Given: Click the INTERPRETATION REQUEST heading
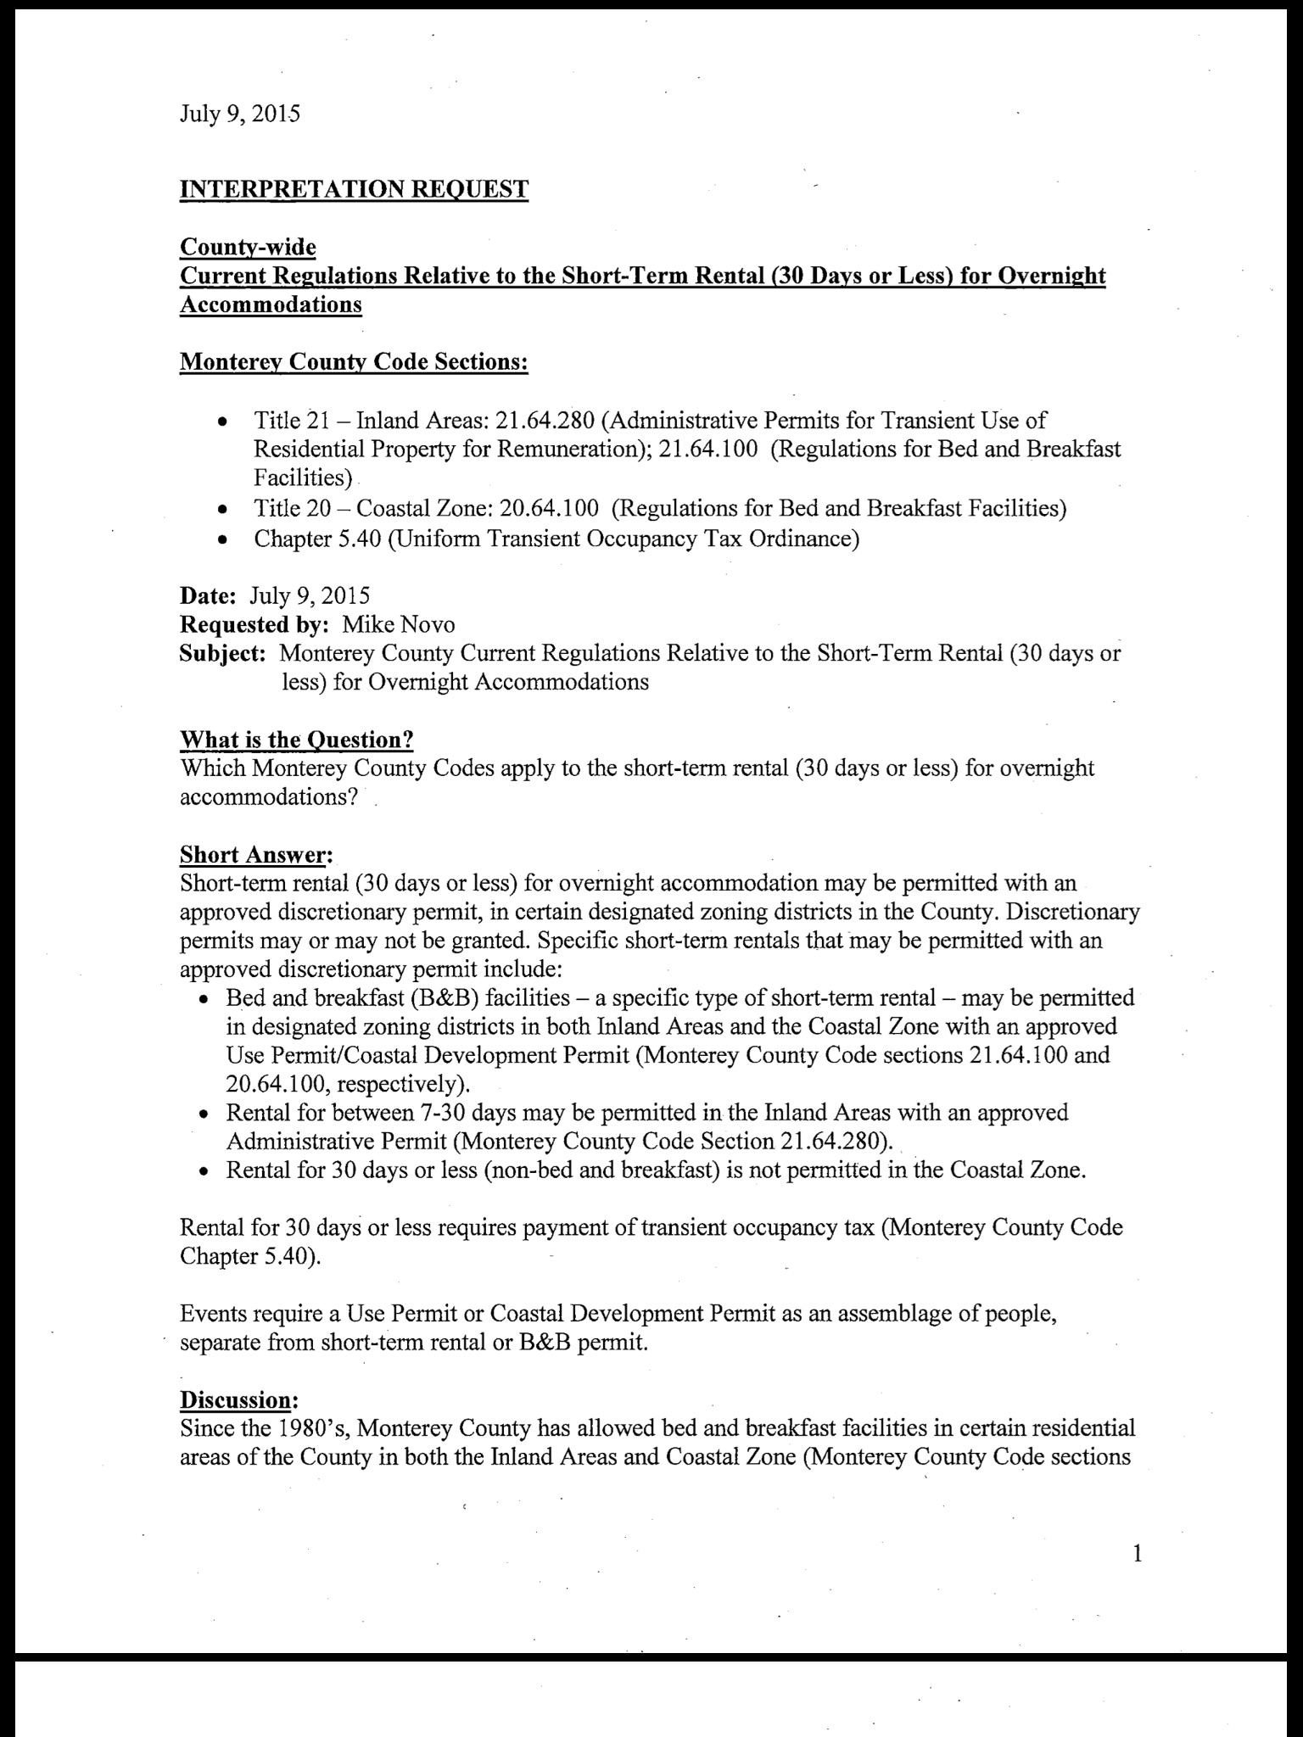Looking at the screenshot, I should pyautogui.click(x=354, y=188).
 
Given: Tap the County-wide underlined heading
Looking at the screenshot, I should pyautogui.click(x=248, y=247).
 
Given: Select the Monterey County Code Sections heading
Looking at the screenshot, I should pyautogui.click(x=354, y=362).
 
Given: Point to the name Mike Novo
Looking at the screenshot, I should pyautogui.click(x=398, y=625).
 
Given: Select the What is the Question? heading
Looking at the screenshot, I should pyautogui.click(x=297, y=740).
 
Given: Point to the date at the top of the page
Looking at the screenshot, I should pyautogui.click(x=240, y=114).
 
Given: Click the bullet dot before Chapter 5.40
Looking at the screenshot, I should pyautogui.click(x=221, y=539).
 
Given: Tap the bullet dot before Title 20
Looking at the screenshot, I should pyautogui.click(x=221, y=510).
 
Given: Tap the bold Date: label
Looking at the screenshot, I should pyautogui.click(x=208, y=596).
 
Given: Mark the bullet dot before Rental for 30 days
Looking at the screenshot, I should pyautogui.click(x=204, y=1171).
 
